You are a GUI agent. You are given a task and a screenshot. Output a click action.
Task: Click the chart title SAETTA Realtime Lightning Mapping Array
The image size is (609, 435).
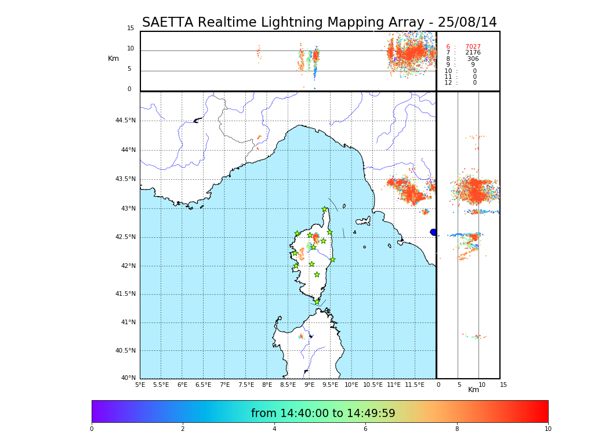319,23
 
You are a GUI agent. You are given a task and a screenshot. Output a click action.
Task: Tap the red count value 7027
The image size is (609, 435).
473,47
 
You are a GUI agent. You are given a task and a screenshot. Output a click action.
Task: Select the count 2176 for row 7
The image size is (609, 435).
473,53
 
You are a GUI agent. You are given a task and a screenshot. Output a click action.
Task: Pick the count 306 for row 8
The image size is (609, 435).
473,59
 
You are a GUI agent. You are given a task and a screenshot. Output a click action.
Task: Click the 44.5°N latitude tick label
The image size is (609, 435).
125,121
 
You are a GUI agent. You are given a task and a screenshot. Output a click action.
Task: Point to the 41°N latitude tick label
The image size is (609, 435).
127,322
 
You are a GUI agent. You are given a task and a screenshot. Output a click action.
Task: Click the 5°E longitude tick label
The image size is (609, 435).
140,385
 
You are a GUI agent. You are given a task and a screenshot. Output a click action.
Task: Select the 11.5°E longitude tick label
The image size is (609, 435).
415,385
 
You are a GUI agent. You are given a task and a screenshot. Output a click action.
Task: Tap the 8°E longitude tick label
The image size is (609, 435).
267,385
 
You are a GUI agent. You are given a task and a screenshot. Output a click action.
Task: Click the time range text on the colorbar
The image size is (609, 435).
323,414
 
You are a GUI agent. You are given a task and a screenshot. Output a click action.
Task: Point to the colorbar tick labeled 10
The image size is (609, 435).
548,429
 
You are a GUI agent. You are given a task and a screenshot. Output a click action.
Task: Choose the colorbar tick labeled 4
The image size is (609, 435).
274,429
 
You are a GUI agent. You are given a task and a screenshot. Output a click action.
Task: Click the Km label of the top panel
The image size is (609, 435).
113,59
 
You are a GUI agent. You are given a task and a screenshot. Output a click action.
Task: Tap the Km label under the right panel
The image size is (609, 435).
473,390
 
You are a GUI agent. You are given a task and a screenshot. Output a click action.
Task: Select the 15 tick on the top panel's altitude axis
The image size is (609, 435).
130,28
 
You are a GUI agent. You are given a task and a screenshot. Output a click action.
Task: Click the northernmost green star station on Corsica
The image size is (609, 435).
325,209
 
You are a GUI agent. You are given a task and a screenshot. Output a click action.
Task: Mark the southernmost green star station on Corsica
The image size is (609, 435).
317,302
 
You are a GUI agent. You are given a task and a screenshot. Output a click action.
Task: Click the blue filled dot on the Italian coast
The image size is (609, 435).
433,232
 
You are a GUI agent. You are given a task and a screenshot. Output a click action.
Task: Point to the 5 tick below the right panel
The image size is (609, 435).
459,385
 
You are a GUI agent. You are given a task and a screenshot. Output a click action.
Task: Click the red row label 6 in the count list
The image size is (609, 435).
448,47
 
